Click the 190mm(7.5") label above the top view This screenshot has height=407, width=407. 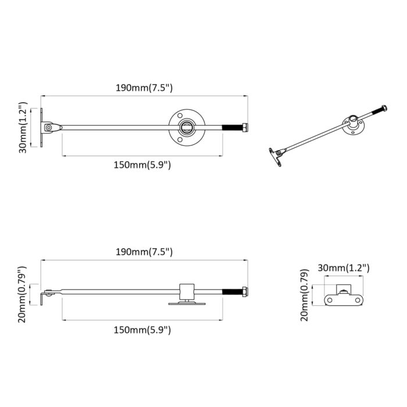[144, 88]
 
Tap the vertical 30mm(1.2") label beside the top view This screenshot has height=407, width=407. [22, 128]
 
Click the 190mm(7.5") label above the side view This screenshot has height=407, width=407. [144, 252]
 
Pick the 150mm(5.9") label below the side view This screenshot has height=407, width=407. [142, 330]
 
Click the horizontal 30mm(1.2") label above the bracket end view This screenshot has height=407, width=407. [344, 268]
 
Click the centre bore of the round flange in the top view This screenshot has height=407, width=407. [187, 127]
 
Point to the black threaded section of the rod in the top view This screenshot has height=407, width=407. [233, 127]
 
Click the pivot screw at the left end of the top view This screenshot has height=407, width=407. [49, 127]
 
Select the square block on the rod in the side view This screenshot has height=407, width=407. [187, 290]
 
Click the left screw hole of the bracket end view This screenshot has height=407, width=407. [330, 299]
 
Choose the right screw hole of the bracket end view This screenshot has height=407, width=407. [358, 299]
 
